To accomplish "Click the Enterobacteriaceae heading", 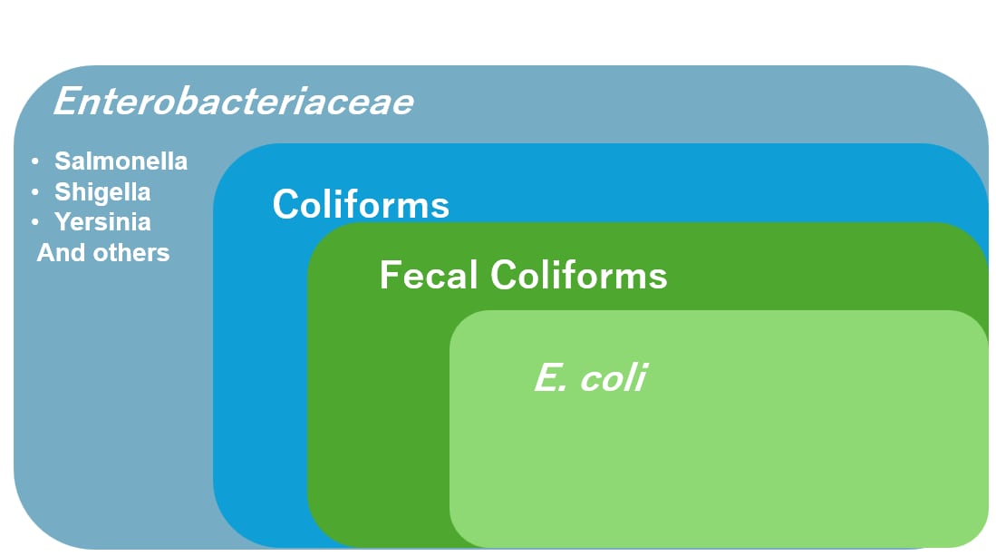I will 233,101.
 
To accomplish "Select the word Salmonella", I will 121,161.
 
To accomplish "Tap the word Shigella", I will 102,192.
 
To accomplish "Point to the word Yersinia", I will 102,222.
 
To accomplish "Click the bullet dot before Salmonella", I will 34,161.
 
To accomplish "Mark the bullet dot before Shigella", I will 34,192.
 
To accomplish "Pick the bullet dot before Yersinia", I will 34,222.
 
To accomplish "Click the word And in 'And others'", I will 61,252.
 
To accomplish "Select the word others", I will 131,252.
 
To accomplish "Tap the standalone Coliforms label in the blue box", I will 361,204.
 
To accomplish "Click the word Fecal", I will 429,275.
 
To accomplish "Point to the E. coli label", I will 590,377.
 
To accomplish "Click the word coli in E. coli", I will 614,377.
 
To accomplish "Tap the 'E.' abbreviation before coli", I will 549,377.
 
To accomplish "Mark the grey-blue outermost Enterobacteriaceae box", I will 109,408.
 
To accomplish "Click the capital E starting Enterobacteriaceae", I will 66,101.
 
